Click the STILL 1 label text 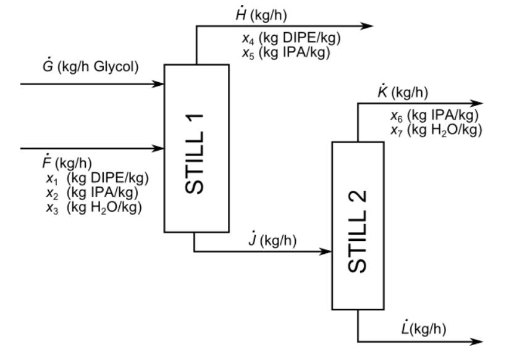click(196, 147)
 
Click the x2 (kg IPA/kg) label click(92, 193)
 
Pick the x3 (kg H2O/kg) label click(94, 207)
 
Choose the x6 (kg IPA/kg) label click(435, 116)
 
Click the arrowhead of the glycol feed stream click(158, 83)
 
